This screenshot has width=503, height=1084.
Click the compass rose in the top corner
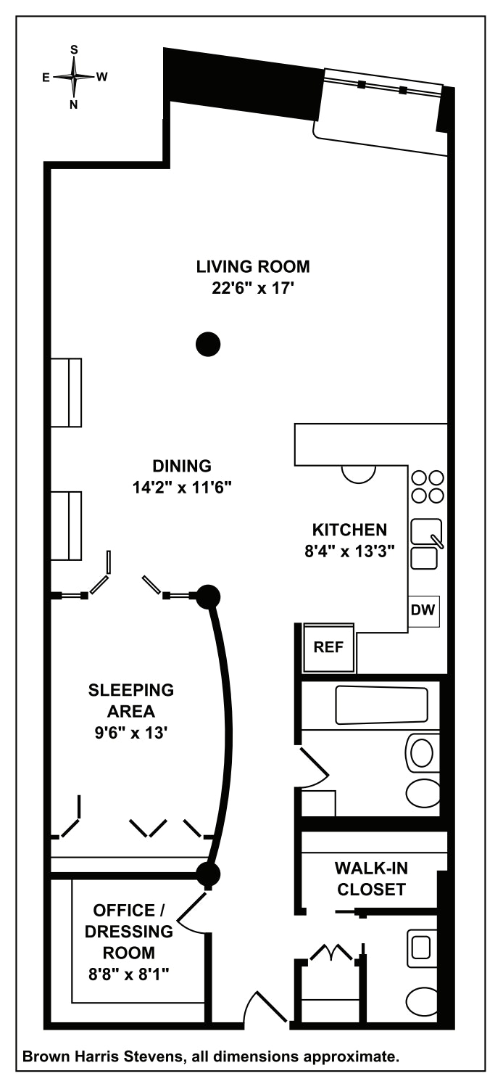tap(74, 76)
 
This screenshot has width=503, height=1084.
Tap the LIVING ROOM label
tap(253, 266)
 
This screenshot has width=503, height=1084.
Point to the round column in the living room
tap(209, 343)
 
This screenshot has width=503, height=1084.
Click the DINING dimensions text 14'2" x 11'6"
tap(181, 488)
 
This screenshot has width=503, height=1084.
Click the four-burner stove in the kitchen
tap(428, 486)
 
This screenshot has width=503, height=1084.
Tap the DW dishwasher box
tap(423, 610)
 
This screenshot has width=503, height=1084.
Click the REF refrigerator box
tap(328, 646)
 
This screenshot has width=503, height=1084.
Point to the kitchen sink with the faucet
tap(426, 533)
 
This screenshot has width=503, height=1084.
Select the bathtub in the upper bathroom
tap(381, 705)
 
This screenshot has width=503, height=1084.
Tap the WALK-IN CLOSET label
tap(371, 878)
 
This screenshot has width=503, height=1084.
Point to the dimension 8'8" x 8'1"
tap(129, 974)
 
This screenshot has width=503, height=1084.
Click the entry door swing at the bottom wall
tap(265, 1008)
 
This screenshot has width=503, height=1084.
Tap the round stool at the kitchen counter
tap(358, 473)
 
